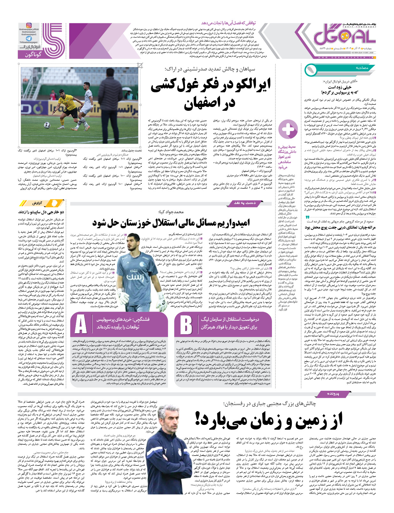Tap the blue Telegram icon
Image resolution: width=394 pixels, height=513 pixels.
(x=29, y=38)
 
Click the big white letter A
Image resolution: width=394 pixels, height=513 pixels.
(x=81, y=325)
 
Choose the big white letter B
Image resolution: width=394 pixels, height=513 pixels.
(x=186, y=325)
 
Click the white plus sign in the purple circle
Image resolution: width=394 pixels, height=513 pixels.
(x=288, y=130)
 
